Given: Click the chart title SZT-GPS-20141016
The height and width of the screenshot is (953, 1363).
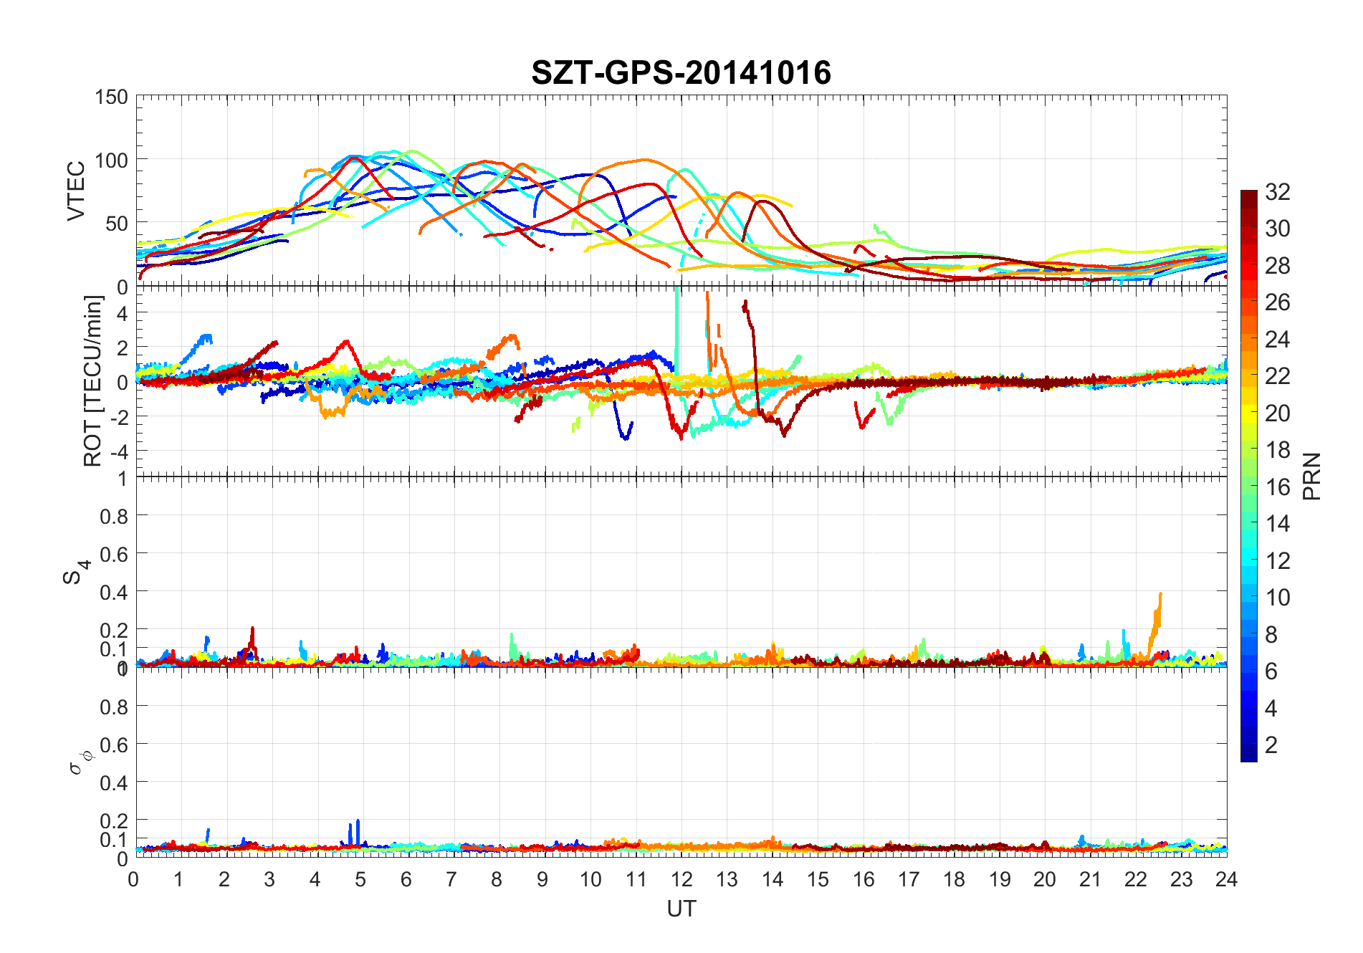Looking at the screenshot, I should pos(681,72).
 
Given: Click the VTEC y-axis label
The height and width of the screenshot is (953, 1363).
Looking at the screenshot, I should pos(76,191).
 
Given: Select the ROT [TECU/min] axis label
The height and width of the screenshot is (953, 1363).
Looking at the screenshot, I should pos(93,380).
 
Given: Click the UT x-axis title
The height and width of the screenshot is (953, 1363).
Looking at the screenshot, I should pos(681,909).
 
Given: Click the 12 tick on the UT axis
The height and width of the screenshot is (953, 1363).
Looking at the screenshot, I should pos(681,879).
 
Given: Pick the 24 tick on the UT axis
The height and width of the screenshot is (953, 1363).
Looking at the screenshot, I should pos(1226,879).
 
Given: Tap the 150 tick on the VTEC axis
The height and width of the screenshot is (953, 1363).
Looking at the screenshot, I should pos(111,97).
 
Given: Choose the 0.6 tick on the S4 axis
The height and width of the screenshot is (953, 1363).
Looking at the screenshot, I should pos(114,554).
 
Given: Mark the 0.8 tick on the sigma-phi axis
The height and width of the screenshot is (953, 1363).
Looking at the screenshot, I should pos(114,707).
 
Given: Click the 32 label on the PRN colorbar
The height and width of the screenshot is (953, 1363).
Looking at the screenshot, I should pos(1278,191).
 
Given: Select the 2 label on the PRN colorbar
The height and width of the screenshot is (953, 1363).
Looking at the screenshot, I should pos(1271,744).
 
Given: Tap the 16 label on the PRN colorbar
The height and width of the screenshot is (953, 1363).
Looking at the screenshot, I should pos(1278,487).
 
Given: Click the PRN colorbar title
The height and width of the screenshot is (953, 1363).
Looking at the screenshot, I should pos(1312,477).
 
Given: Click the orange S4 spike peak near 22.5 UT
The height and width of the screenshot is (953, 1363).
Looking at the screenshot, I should pos(1160,594).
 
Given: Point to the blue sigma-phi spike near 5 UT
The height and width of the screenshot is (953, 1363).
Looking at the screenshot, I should pos(358,821).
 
